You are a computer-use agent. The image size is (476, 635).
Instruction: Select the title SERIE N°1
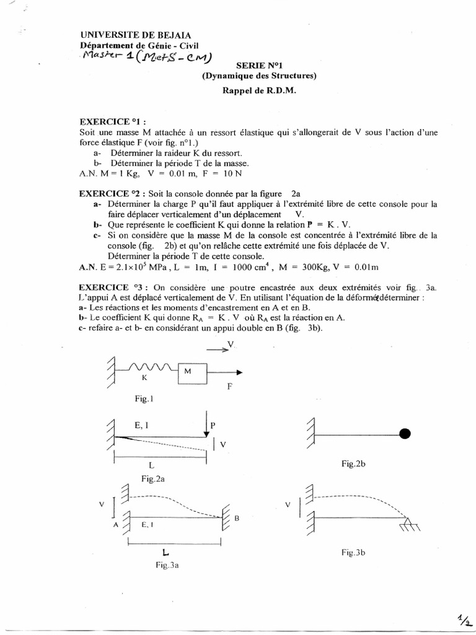click(x=260, y=64)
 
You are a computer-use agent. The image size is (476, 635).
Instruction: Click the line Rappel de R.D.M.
click(x=259, y=89)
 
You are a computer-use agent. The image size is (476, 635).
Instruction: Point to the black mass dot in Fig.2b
click(x=405, y=434)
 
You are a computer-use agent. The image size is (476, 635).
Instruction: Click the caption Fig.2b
click(x=355, y=464)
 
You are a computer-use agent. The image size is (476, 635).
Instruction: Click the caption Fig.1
click(x=144, y=401)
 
